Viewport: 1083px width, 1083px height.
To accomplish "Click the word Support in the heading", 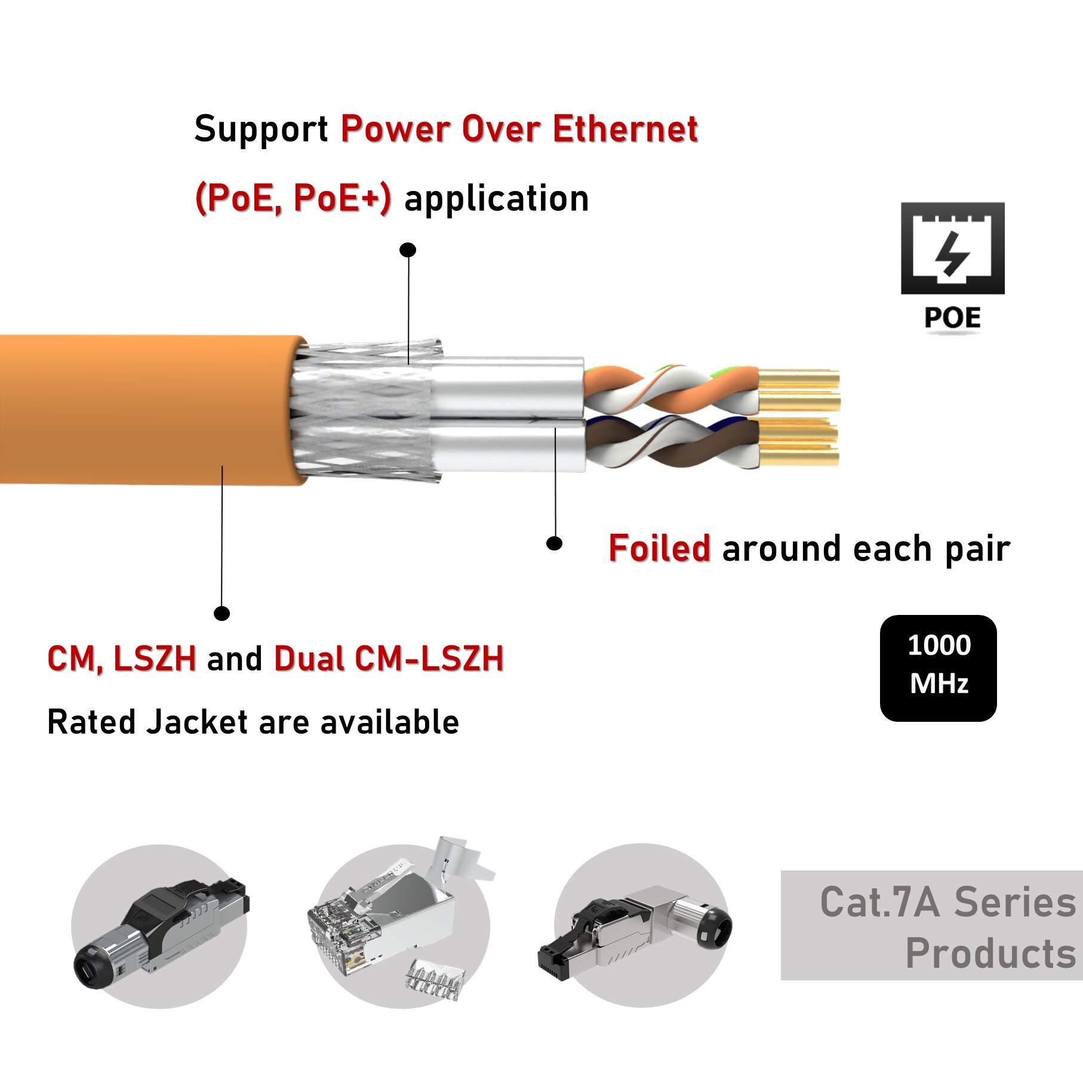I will [x=261, y=130].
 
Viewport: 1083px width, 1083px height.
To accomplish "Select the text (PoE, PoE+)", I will [x=293, y=198].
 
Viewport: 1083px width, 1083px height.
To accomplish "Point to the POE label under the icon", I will [x=952, y=318].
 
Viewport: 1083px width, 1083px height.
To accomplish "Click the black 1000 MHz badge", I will [x=938, y=667].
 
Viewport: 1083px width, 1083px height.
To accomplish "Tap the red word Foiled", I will [x=659, y=548].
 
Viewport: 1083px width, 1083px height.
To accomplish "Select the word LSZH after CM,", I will [x=155, y=659].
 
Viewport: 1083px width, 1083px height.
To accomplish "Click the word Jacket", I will [x=198, y=722].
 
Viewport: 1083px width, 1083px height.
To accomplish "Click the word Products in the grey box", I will [x=990, y=953].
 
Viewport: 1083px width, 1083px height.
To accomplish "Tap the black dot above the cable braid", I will [x=408, y=250].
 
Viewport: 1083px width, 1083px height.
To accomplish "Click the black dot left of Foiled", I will [x=554, y=543].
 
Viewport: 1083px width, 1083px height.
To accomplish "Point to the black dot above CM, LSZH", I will [x=221, y=613].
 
